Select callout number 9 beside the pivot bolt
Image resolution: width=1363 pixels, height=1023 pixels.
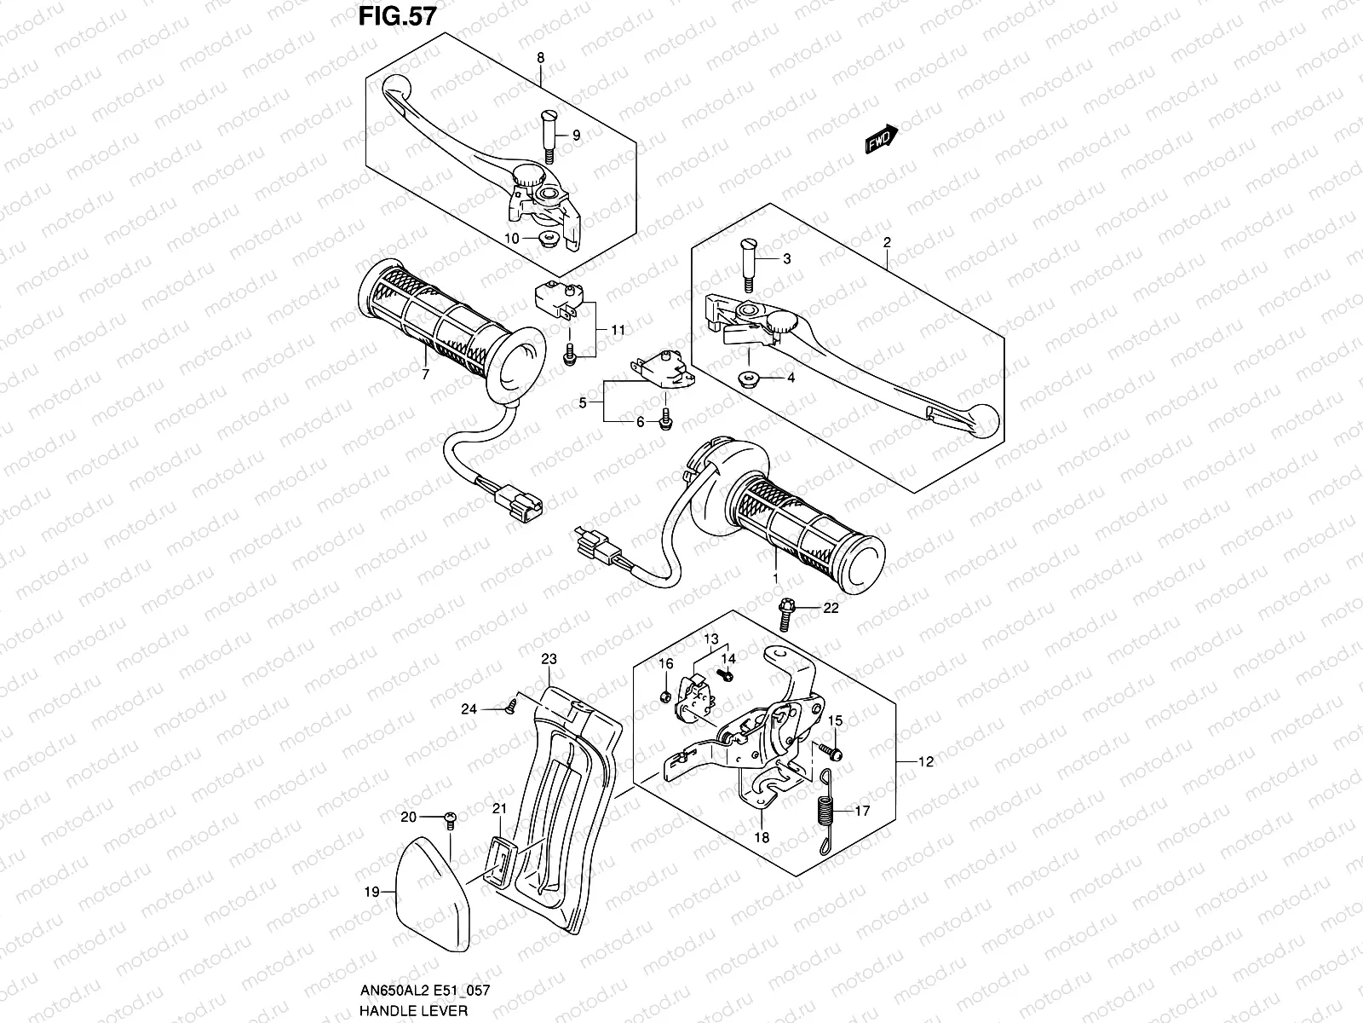[575, 136]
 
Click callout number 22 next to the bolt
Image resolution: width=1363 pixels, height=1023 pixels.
[831, 608]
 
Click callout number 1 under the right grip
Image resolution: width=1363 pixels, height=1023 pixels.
[775, 579]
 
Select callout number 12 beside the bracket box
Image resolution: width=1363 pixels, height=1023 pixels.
[927, 762]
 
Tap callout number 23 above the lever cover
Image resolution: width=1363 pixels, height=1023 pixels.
[549, 659]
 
